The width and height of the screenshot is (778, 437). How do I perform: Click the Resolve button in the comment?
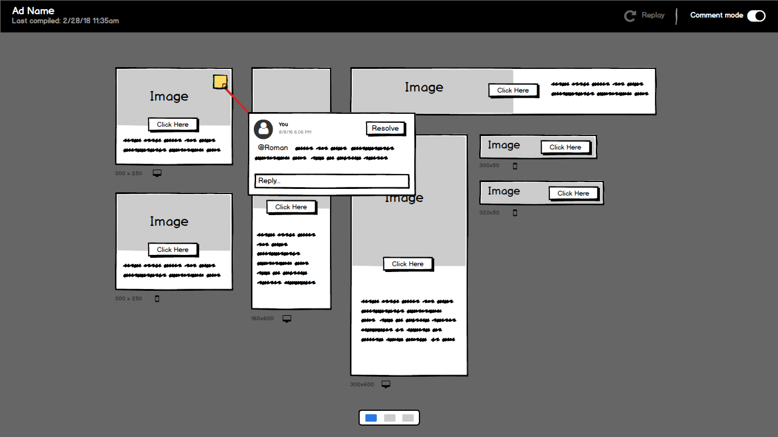point(385,129)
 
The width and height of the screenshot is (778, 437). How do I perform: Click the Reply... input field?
point(331,181)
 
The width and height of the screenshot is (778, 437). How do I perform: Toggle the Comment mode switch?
point(756,16)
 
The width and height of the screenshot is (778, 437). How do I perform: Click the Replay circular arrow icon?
point(630,16)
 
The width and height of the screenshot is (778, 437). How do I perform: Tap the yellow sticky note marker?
point(220,82)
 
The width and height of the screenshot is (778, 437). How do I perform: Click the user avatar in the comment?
point(264,129)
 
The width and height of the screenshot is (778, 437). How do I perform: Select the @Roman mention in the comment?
point(273,148)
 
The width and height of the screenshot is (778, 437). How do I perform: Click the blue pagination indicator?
point(371,418)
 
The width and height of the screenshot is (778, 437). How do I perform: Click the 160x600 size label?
point(262,319)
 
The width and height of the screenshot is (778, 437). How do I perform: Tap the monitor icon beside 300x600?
point(386,385)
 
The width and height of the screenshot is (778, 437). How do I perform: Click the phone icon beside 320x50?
point(515,213)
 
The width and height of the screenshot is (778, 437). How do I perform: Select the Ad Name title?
point(33,11)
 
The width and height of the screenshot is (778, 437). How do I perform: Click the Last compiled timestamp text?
point(65,21)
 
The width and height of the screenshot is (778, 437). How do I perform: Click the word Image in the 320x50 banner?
point(504,191)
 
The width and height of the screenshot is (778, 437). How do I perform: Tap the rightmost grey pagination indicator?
point(408,418)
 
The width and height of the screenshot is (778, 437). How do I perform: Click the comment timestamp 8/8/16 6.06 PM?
point(295,132)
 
